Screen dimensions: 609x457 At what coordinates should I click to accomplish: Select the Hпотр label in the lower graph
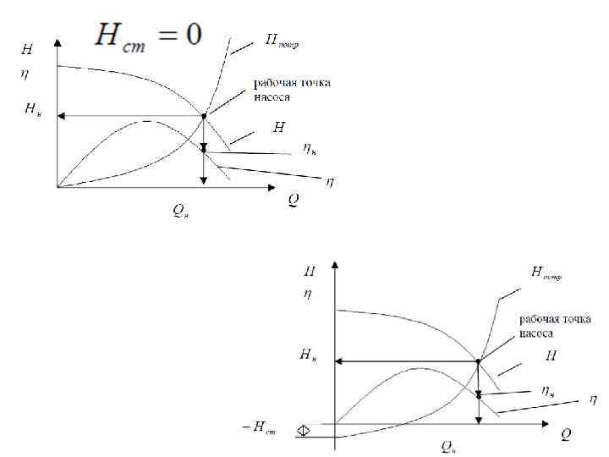click(x=546, y=273)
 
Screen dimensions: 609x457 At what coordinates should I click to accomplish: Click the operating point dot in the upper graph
click(x=204, y=116)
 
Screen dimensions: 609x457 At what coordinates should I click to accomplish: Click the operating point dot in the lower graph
click(x=478, y=361)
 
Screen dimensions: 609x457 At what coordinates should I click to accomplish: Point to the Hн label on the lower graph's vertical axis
click(x=309, y=356)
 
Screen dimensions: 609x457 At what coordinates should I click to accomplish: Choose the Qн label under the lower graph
click(x=448, y=444)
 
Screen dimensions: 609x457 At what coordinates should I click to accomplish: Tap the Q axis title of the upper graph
click(x=293, y=200)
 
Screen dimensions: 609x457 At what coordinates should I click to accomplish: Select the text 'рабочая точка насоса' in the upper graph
click(x=292, y=89)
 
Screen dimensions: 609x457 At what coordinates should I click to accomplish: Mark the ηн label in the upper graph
click(x=310, y=150)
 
